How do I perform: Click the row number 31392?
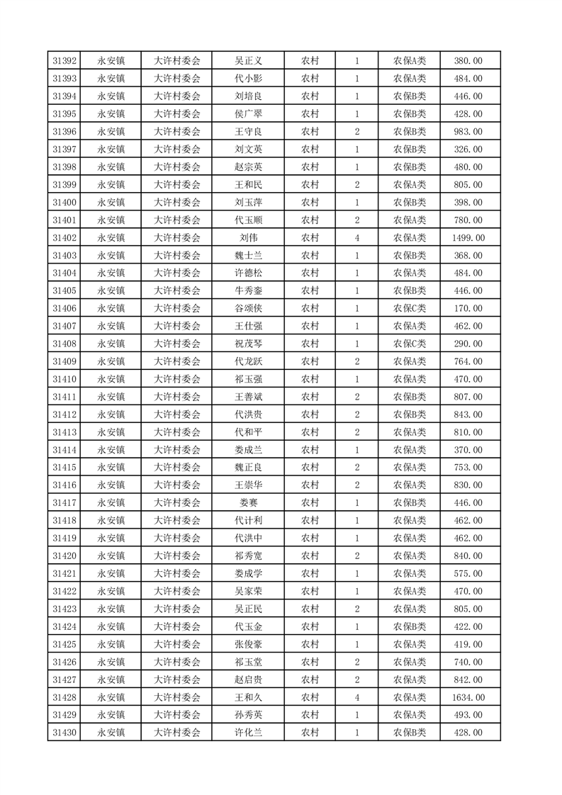(64, 61)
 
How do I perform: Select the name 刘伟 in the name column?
(248, 238)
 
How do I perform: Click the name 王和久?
(248, 698)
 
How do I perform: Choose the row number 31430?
(64, 733)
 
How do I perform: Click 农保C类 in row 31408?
(410, 344)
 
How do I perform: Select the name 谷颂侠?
(248, 309)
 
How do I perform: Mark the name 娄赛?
(248, 503)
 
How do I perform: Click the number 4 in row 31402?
(356, 238)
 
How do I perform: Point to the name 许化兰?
(248, 733)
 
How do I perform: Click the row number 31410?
(64, 379)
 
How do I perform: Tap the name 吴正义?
(248, 61)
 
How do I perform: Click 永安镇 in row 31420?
(111, 556)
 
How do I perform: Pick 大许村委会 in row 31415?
(177, 468)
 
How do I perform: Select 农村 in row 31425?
(310, 645)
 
